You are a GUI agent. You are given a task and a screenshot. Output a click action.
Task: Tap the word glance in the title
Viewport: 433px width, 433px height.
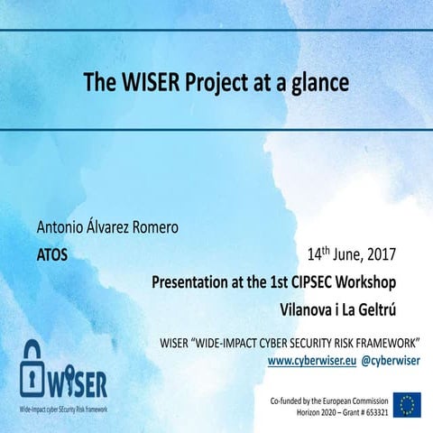[318, 83]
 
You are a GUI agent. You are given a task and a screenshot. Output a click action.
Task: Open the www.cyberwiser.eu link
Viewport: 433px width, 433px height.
[311, 359]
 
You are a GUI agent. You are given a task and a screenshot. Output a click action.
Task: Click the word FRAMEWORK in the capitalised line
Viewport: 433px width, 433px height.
[387, 344]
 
